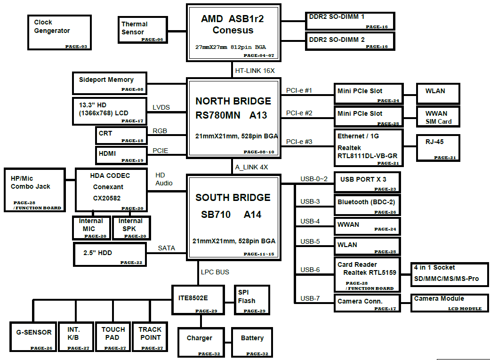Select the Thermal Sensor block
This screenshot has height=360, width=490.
pyautogui.click(x=143, y=30)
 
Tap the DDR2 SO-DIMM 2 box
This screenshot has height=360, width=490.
pyautogui.click(x=350, y=41)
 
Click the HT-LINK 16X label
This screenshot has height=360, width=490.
pyautogui.click(x=255, y=71)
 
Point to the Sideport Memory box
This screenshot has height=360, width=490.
pyautogui.click(x=110, y=83)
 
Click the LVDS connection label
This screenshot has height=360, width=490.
pyautogui.click(x=161, y=108)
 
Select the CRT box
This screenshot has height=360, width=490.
pyautogui.click(x=121, y=136)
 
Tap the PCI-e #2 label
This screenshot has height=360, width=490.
pyautogui.click(x=299, y=113)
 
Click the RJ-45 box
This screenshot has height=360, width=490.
pyautogui.click(x=438, y=148)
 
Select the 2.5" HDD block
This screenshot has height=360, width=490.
pyautogui.click(x=110, y=254)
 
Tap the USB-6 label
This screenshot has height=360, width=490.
pyautogui.click(x=310, y=270)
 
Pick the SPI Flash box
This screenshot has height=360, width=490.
pyautogui.click(x=252, y=300)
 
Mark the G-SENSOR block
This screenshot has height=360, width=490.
pyautogui.click(x=33, y=336)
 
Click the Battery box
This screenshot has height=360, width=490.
pyautogui.click(x=252, y=342)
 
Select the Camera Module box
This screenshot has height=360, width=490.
pyautogui.click(x=449, y=303)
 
